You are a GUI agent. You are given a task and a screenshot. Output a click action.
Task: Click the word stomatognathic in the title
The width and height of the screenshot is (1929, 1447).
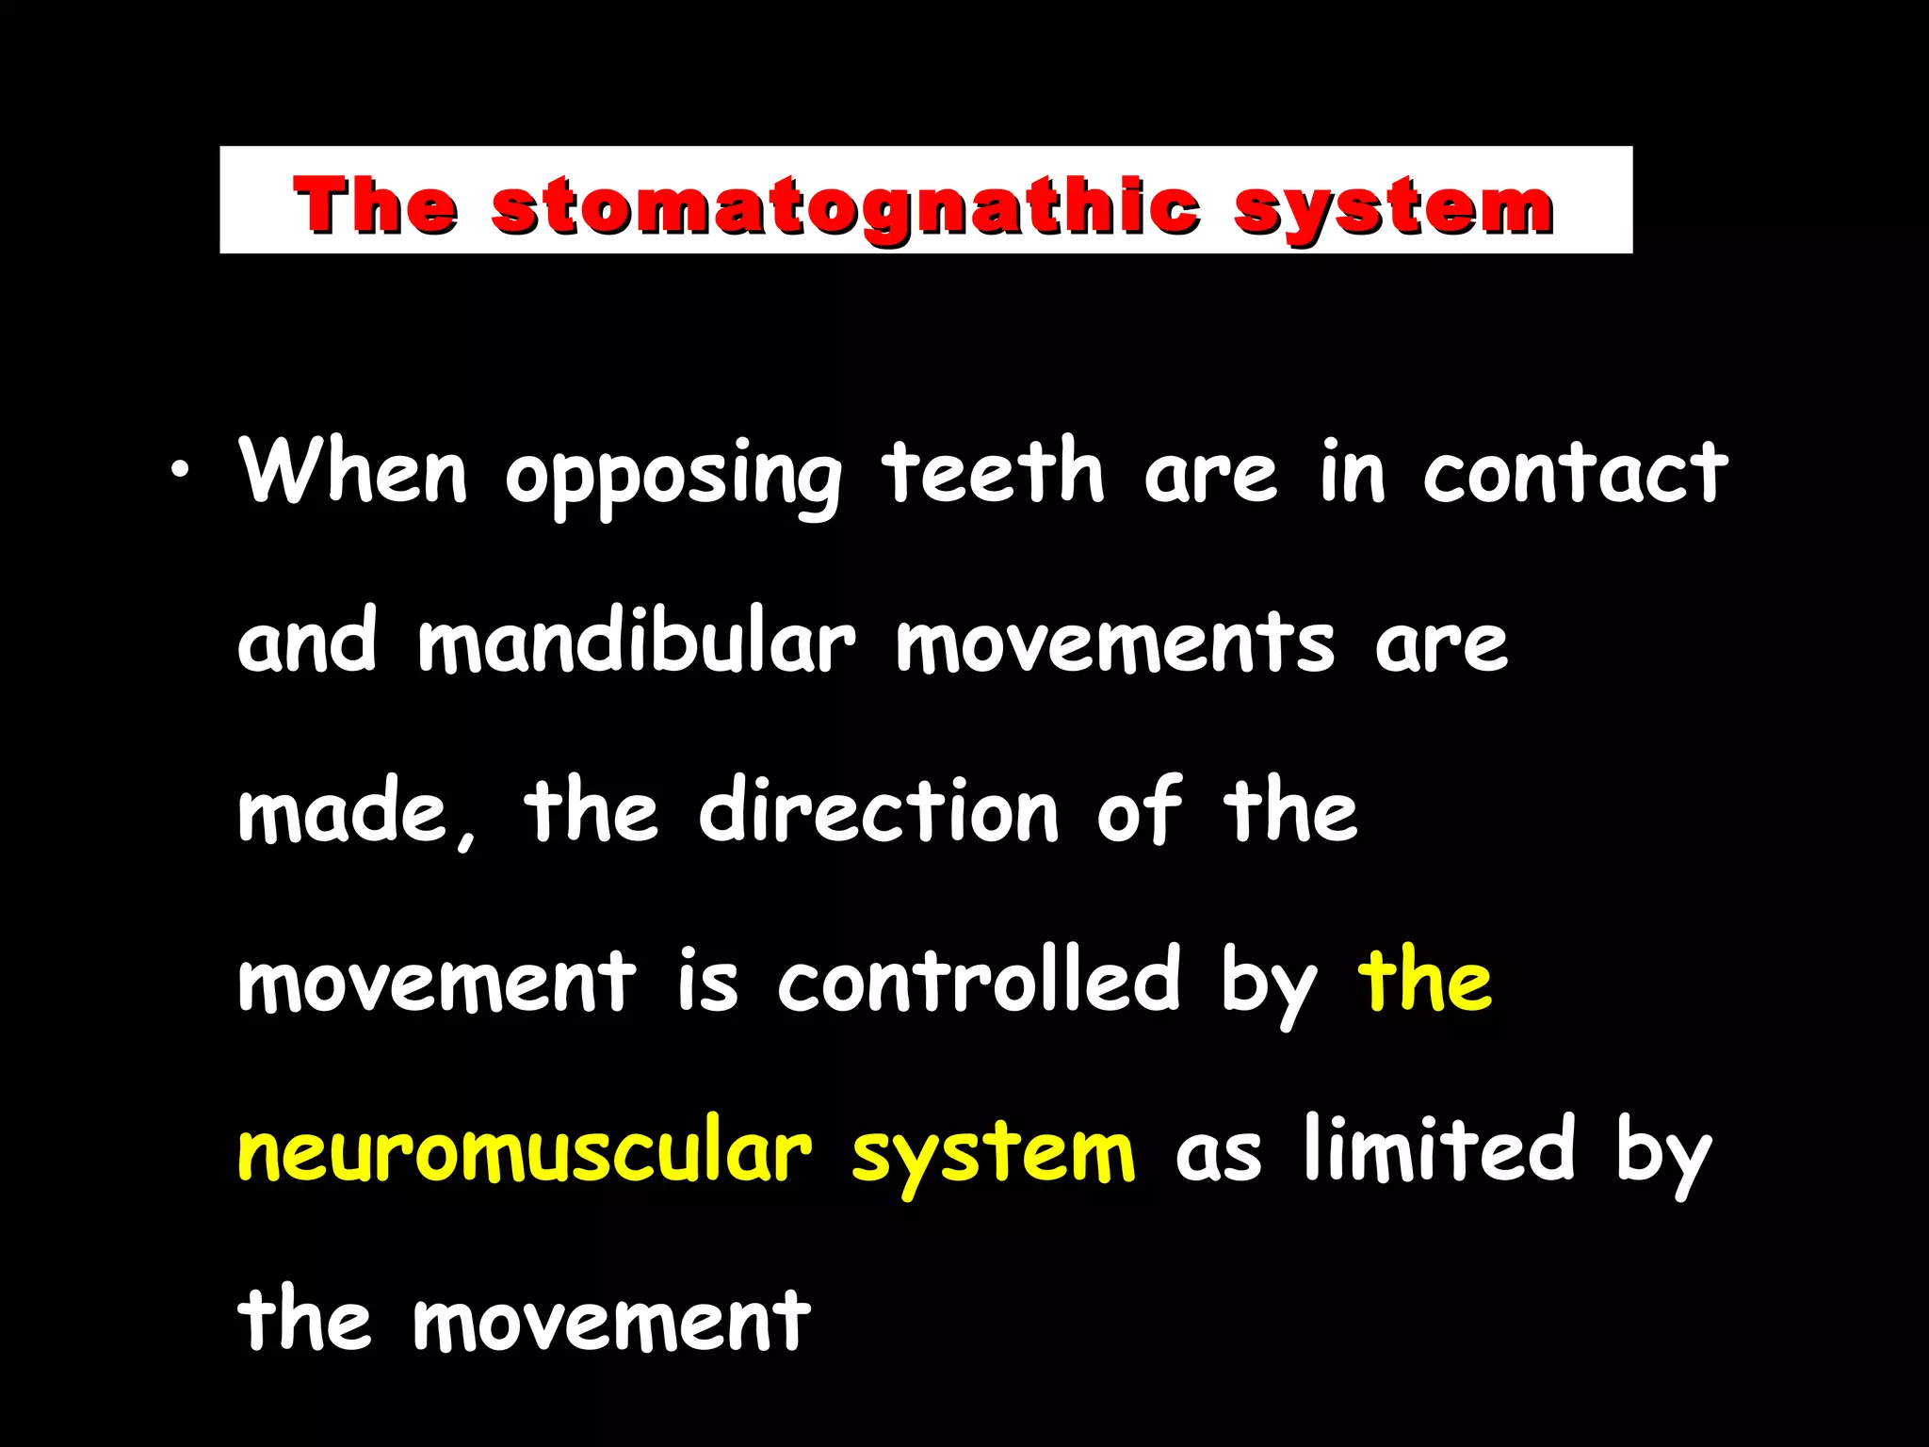pyautogui.click(x=845, y=206)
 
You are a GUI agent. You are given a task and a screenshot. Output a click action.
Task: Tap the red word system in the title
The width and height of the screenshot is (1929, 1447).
pyautogui.click(x=1393, y=206)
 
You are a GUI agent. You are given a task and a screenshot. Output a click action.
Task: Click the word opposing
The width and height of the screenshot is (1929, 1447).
pyautogui.click(x=673, y=476)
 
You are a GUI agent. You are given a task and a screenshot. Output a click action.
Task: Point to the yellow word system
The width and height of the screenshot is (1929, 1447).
pyautogui.click(x=994, y=1155)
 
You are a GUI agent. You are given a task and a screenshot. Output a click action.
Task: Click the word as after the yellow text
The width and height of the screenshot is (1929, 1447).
pyautogui.click(x=1218, y=1153)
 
